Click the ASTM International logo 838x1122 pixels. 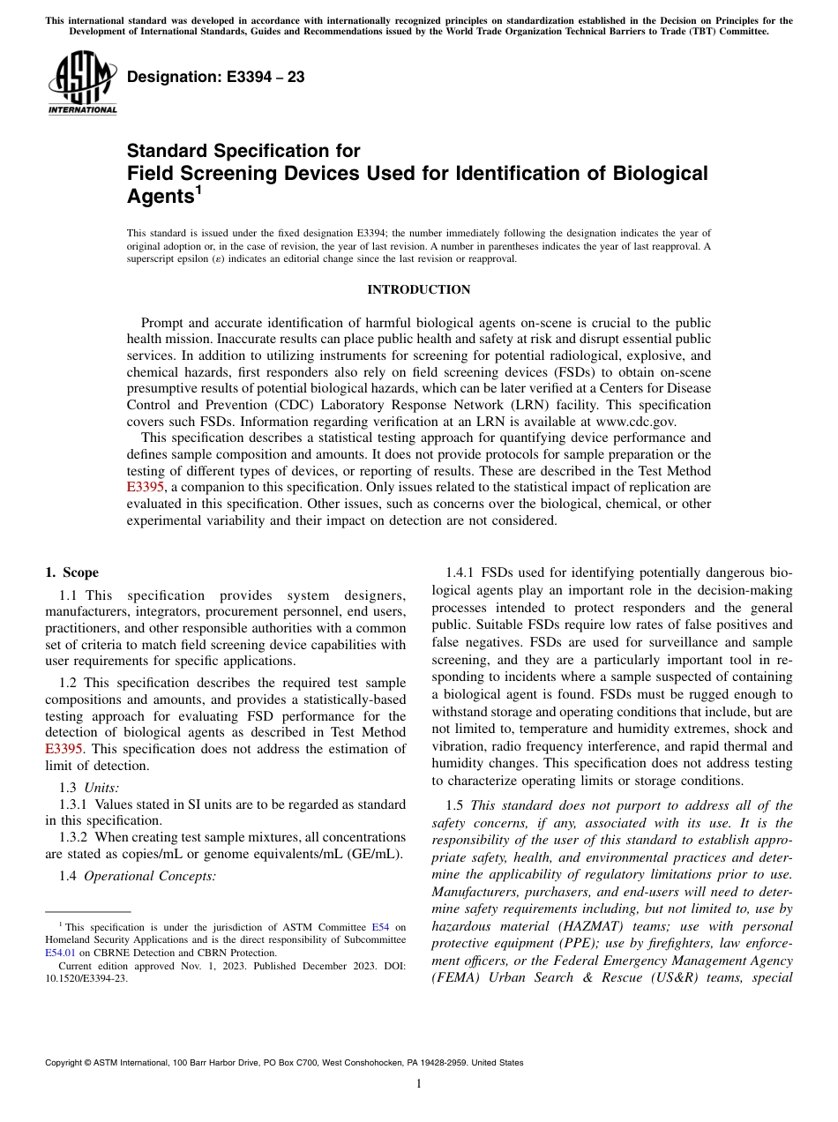(x=82, y=83)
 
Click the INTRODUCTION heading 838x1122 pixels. (x=418, y=290)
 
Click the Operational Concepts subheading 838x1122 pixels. (x=149, y=876)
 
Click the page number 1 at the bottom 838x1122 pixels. (x=418, y=1084)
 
